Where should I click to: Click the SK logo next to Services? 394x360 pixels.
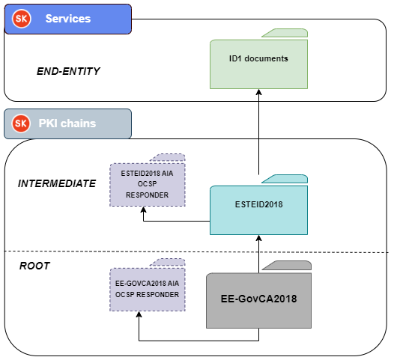click(22, 19)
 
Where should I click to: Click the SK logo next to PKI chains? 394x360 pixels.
click(21, 123)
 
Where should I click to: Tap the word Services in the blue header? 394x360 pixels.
click(68, 19)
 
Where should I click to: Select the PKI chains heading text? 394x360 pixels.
click(67, 123)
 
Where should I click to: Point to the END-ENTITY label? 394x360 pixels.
click(68, 71)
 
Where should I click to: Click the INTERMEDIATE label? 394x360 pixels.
click(57, 183)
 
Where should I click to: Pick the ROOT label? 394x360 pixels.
click(34, 266)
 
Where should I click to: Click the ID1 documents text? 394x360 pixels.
click(258, 58)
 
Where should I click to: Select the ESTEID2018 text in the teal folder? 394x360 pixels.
click(259, 204)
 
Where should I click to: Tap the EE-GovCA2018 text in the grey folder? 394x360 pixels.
click(259, 299)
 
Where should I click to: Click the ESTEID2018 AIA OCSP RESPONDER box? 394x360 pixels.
click(148, 185)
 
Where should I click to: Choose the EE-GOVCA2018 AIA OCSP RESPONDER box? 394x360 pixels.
click(148, 290)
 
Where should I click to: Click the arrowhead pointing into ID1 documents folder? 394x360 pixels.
click(259, 92)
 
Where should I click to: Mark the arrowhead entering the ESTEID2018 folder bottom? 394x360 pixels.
click(259, 238)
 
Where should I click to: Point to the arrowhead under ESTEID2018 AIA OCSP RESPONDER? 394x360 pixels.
click(144, 210)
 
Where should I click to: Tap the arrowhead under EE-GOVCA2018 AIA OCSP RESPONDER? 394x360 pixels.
click(139, 314)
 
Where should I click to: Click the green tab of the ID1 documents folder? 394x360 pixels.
click(285, 33)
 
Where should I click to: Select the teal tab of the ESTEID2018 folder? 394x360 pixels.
click(285, 179)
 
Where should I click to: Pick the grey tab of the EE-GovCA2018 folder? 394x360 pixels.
click(287, 266)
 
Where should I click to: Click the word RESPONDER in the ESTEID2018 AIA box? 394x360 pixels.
click(148, 195)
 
